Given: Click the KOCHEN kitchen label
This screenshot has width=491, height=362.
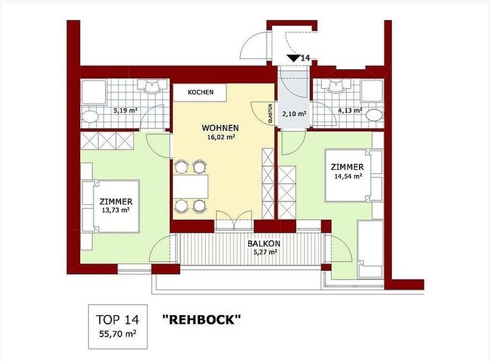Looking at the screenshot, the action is pos(201,92).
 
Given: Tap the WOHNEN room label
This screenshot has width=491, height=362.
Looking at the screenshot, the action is pos(220,128).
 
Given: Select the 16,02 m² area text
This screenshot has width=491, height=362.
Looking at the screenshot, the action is pos(221,137).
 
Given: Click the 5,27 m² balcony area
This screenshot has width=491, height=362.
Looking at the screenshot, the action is pos(266,251).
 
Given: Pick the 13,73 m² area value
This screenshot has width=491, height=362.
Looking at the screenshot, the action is pos(116,210).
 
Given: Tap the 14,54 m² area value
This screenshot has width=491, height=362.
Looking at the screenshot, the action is pos(348,176).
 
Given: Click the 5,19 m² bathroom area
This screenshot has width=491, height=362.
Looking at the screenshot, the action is pos(125,111).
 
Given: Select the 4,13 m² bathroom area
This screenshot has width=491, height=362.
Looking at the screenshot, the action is pos(350,111).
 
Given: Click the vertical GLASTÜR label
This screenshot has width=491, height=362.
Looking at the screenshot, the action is pos(270,113).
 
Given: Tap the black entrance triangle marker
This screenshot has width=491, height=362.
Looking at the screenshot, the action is pos(293,58).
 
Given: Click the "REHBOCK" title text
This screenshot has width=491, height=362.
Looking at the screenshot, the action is pos(202,320).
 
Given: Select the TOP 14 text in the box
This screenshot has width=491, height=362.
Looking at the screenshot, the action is pos(117,320).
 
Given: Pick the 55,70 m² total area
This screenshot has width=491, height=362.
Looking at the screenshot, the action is pos(118,334).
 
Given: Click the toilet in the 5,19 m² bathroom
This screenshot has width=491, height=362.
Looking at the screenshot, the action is pos(90,117).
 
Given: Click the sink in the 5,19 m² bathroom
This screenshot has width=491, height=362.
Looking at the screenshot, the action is pos(152,85).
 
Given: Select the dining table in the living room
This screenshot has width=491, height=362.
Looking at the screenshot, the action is pos(191,187).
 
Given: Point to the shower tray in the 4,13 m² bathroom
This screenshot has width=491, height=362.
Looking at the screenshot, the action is pos(372,90).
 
